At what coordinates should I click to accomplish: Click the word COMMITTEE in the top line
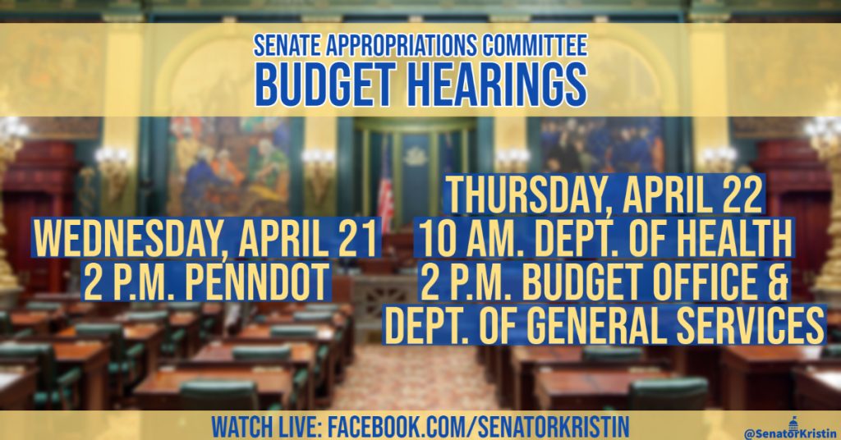point(535,45)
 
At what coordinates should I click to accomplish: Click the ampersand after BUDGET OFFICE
point(777,282)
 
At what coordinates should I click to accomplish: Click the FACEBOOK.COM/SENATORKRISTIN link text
point(478,427)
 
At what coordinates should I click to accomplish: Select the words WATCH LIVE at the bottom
point(265,427)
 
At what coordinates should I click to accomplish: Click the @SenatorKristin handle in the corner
point(791,433)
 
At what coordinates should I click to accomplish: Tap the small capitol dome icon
point(793,422)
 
